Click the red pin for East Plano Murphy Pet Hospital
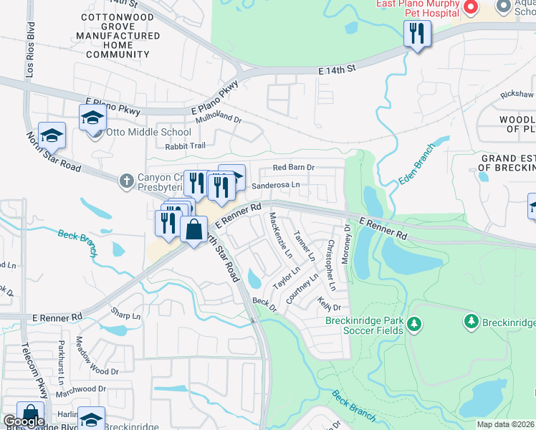pyautogui.click(x=471, y=8)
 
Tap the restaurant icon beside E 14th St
pyautogui.click(x=416, y=34)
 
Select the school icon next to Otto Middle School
pyautogui.click(x=92, y=118)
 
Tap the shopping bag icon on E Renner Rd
pyautogui.click(x=193, y=230)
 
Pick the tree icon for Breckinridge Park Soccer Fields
pyautogui.click(x=413, y=325)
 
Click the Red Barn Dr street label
pyautogui.click(x=294, y=168)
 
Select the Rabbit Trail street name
pyautogui.click(x=185, y=146)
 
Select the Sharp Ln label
pyautogui.click(x=125, y=313)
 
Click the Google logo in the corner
pyautogui.click(x=24, y=421)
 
